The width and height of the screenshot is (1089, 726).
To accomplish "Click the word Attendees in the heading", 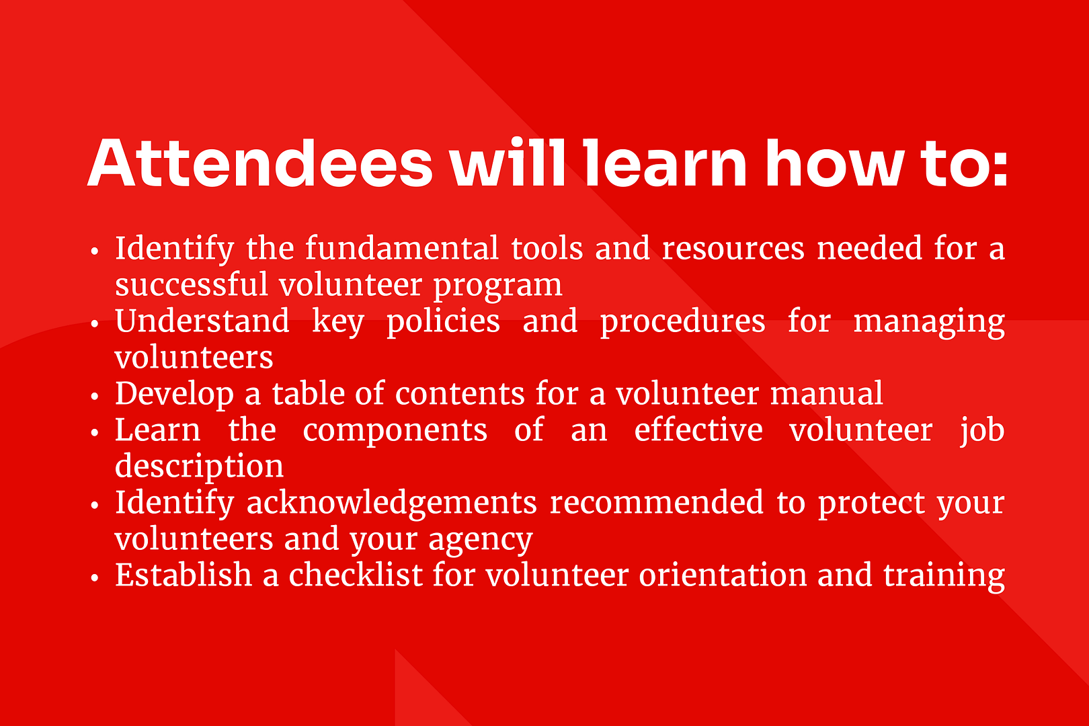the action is [x=259, y=163].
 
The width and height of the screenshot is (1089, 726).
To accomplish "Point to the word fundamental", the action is [x=401, y=248].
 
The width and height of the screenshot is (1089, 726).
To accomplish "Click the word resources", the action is [x=733, y=249].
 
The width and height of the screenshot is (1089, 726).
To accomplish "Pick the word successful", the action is [x=192, y=284].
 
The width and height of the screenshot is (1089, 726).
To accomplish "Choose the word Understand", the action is [x=202, y=321].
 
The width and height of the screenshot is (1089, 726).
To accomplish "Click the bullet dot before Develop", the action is [x=95, y=396].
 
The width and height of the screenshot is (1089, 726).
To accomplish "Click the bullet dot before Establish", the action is [x=95, y=577].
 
